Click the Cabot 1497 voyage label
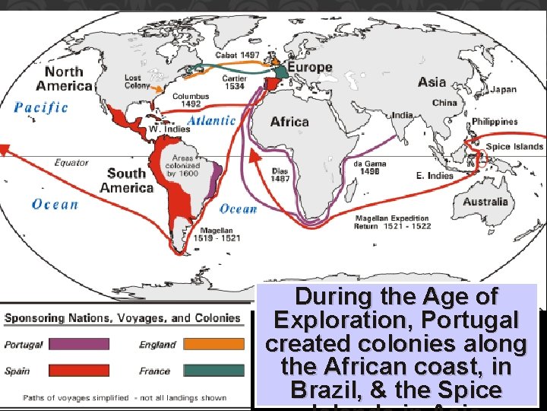[x=238, y=55]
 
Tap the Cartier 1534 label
[x=234, y=82]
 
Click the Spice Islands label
[x=514, y=146]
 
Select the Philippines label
[x=495, y=122]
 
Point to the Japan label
[x=503, y=90]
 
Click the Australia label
[x=485, y=202]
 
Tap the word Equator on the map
[x=71, y=162]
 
